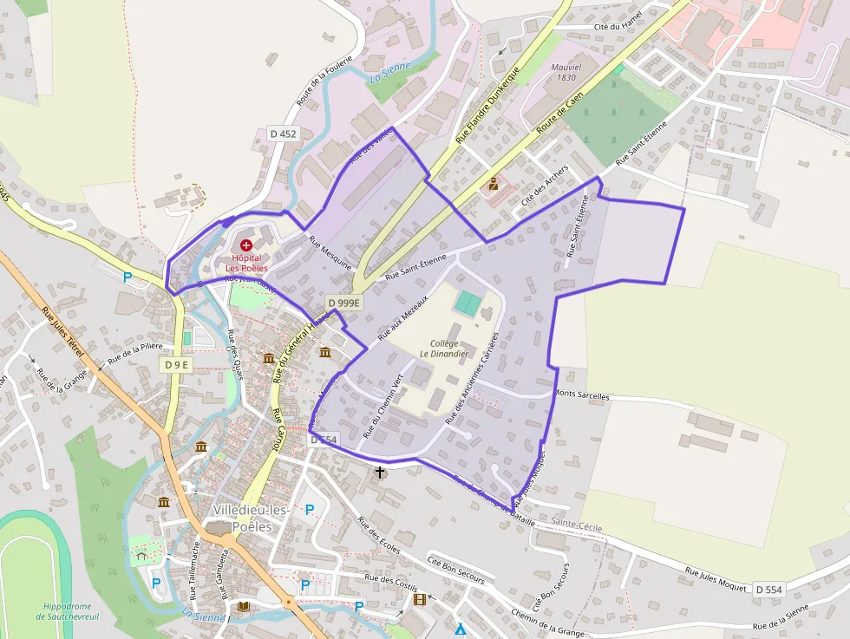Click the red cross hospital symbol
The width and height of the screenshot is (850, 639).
[246, 246]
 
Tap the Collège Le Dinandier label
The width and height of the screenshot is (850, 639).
[444, 348]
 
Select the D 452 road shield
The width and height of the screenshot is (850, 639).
[283, 134]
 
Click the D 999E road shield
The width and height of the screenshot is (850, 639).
[343, 303]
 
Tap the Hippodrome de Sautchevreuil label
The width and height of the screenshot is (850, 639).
[65, 611]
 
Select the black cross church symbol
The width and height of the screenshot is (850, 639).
[380, 473]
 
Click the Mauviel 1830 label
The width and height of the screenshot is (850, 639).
[564, 72]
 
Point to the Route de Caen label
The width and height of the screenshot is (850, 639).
[559, 113]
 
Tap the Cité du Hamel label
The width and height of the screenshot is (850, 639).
[618, 27]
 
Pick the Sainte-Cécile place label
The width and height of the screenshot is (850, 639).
[577, 526]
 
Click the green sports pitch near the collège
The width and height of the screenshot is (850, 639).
[467, 303]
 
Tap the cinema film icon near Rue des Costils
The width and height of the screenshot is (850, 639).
[421, 599]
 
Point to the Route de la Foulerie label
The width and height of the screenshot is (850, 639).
[316, 88]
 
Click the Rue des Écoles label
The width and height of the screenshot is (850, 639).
[379, 537]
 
